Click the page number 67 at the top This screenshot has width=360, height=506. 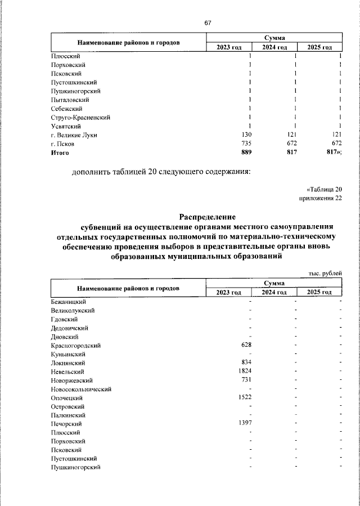(x=208, y=23)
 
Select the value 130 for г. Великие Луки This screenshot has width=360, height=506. (x=246, y=135)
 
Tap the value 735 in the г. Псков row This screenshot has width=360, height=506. (x=246, y=144)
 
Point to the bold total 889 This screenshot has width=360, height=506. (x=246, y=153)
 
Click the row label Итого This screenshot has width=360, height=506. (x=60, y=153)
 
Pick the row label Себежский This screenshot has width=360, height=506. (x=66, y=108)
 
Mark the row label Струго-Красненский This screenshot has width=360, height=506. (x=80, y=117)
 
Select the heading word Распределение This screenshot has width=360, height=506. (x=208, y=217)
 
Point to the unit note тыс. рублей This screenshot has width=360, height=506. (x=325, y=273)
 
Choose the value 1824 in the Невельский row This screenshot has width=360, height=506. (x=244, y=371)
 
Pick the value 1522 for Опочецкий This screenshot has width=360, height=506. (x=244, y=397)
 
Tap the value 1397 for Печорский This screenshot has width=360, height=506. (x=244, y=423)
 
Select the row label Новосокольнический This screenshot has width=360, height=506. (x=81, y=389)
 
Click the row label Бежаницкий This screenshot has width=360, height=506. (x=68, y=302)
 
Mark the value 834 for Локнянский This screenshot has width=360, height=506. (x=246, y=362)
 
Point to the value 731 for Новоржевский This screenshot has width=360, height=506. (x=246, y=380)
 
